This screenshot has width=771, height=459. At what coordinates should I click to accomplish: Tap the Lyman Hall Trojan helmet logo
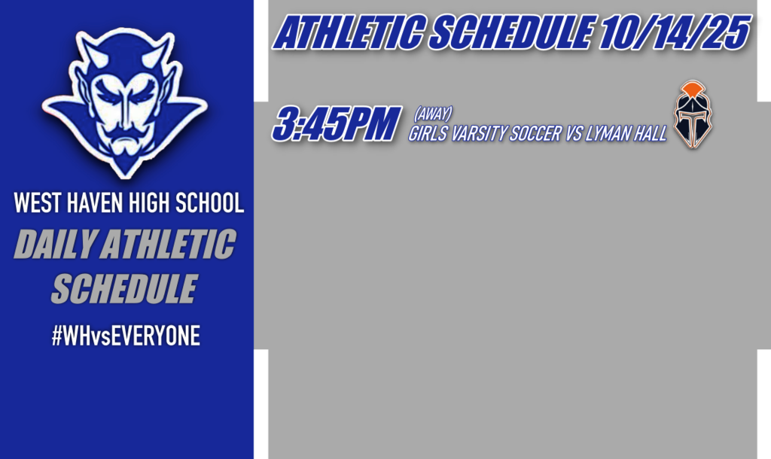(x=693, y=117)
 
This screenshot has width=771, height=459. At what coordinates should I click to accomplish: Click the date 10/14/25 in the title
(x=674, y=33)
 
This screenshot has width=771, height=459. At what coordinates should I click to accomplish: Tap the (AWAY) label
(x=432, y=114)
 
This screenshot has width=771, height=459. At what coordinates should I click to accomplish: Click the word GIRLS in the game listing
(x=428, y=134)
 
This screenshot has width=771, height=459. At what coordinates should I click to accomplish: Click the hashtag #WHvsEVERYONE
(x=126, y=336)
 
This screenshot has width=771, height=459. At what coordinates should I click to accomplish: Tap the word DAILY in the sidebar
(x=52, y=246)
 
